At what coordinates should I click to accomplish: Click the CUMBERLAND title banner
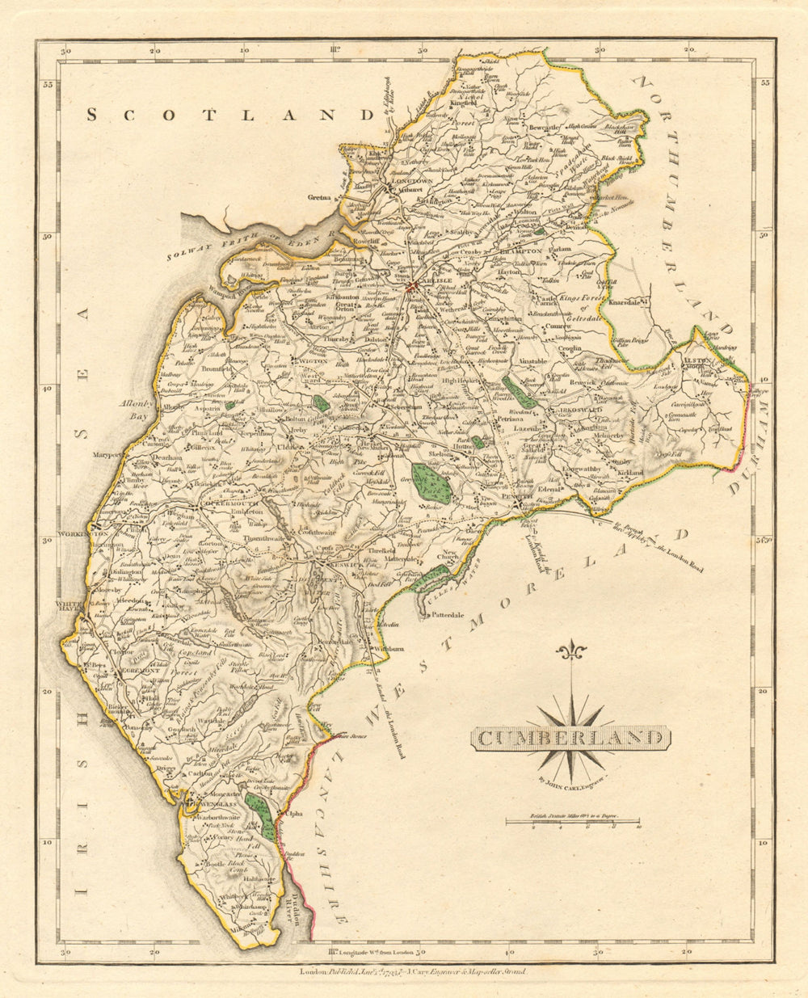click(571, 737)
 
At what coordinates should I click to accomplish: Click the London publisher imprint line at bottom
click(412, 973)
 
